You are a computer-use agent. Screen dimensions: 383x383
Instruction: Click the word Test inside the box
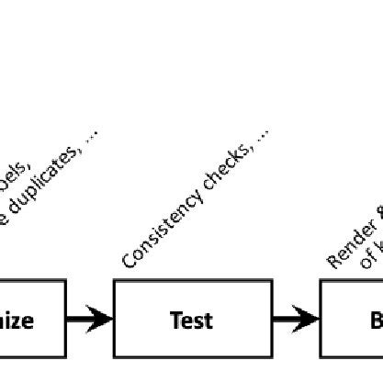point(192,321)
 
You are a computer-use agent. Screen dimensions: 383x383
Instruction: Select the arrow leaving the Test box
point(295,320)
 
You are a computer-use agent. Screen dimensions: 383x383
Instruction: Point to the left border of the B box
point(321,320)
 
